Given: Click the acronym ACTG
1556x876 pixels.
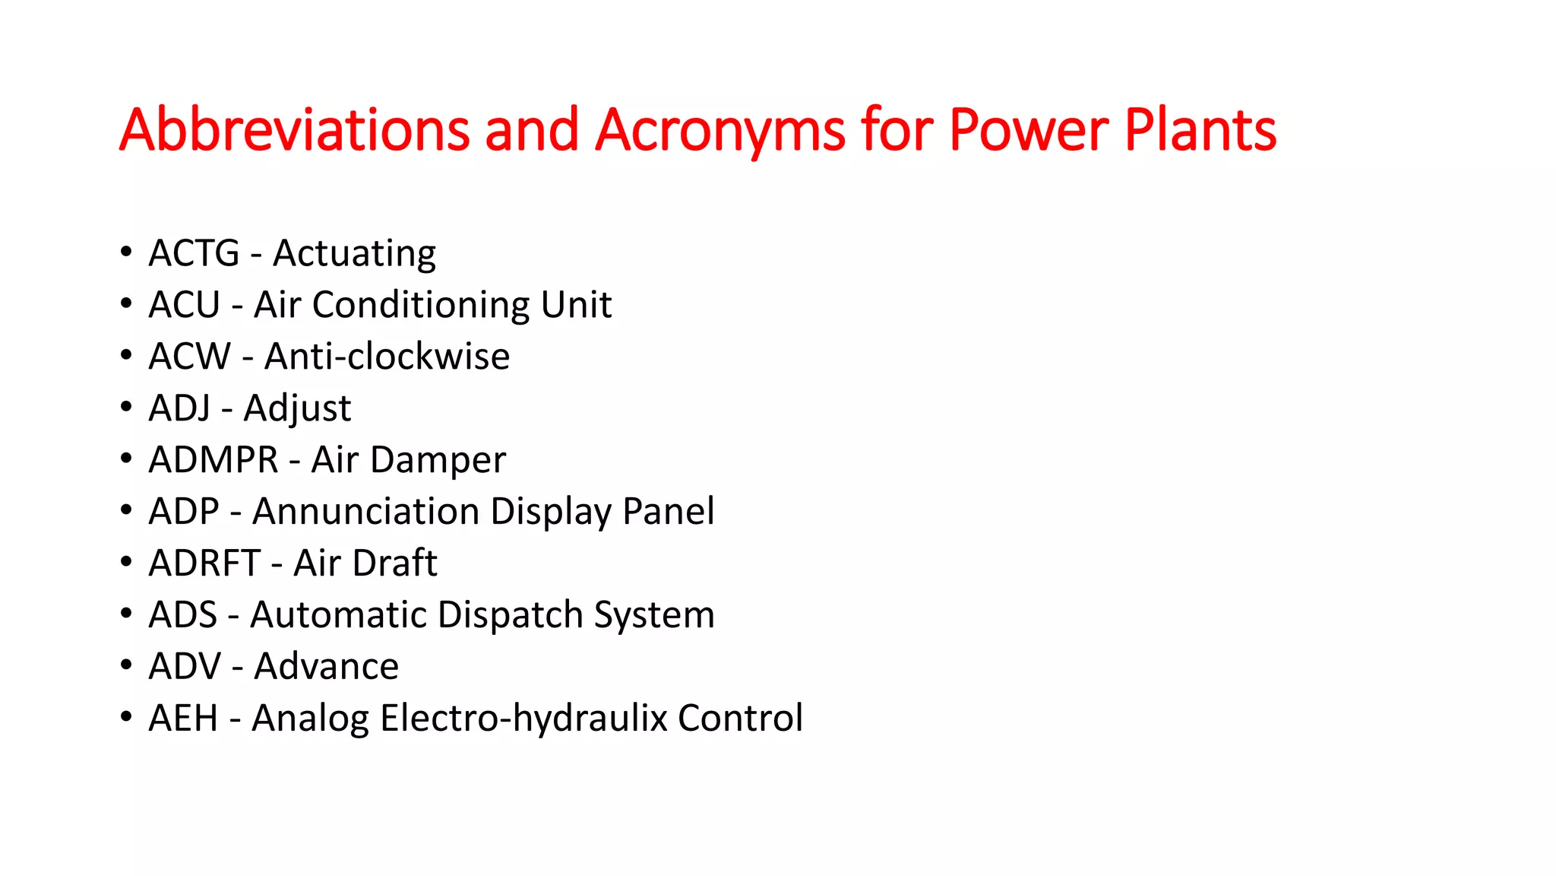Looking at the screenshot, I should [194, 253].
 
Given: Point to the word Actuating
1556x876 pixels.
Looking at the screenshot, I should [354, 255].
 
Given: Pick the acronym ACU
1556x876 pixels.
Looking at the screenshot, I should [185, 305].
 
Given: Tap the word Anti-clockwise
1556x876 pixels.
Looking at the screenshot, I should [387, 357].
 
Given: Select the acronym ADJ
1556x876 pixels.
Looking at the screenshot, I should [180, 408].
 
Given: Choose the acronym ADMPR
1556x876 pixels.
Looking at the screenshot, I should [214, 460].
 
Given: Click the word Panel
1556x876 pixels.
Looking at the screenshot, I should [669, 512].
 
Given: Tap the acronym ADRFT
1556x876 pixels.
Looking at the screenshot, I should [205, 563].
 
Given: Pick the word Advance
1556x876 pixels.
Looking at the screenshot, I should [326, 667].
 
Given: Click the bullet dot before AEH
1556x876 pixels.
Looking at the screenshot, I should [126, 716].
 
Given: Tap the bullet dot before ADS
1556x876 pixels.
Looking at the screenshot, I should [126, 613].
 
